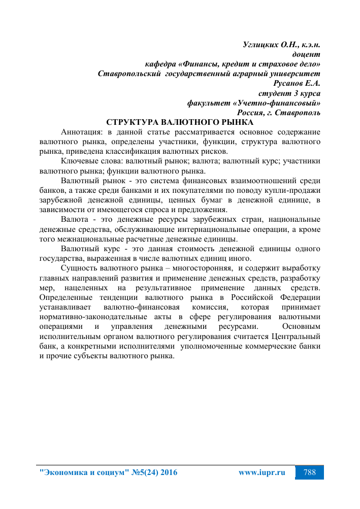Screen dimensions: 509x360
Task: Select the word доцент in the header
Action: coord(306,54)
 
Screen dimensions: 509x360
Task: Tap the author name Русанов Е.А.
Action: coord(297,83)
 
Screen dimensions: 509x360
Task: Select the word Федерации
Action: coord(300,297)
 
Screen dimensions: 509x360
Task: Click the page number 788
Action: coord(310,472)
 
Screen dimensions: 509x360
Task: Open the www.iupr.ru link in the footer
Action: coord(261,472)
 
